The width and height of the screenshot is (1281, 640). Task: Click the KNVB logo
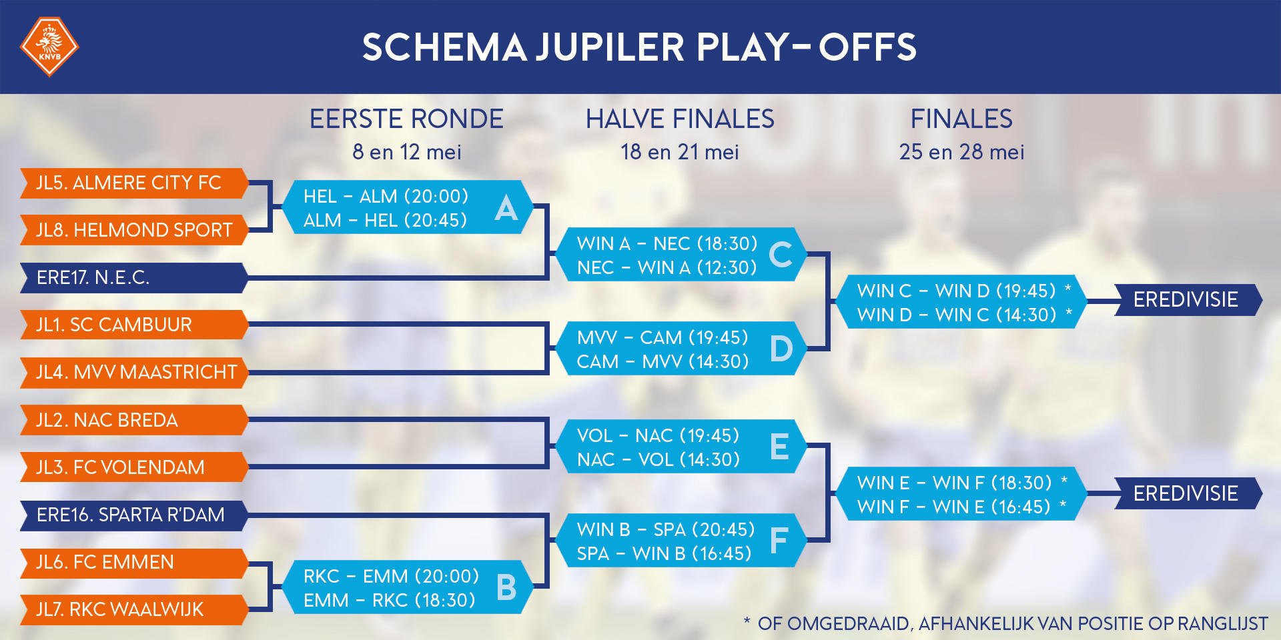(x=49, y=46)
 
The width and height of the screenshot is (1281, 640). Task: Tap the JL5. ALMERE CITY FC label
(x=129, y=183)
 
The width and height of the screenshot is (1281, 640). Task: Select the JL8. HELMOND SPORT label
(x=134, y=230)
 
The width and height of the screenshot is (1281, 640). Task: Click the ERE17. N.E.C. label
(x=93, y=277)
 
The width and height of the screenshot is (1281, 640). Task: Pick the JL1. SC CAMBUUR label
(x=114, y=325)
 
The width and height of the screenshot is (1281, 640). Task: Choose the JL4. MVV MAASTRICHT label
(x=137, y=372)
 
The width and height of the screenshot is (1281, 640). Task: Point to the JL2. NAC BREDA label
(x=107, y=420)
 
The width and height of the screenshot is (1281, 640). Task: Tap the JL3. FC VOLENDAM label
(x=121, y=467)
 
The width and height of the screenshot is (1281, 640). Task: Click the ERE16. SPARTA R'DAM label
(x=131, y=515)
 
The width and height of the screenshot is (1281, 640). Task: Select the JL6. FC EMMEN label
(x=105, y=562)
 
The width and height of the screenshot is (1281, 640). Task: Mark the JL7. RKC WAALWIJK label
(x=120, y=609)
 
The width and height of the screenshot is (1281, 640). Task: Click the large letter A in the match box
(x=506, y=208)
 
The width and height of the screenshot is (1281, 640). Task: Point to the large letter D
(x=781, y=349)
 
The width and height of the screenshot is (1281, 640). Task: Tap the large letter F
(x=779, y=541)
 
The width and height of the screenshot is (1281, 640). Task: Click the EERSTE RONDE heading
(x=406, y=119)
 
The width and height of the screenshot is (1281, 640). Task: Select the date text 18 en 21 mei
(x=680, y=152)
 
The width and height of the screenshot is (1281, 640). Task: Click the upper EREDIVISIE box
(x=1186, y=299)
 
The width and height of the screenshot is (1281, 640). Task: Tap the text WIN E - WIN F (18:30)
(x=954, y=483)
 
